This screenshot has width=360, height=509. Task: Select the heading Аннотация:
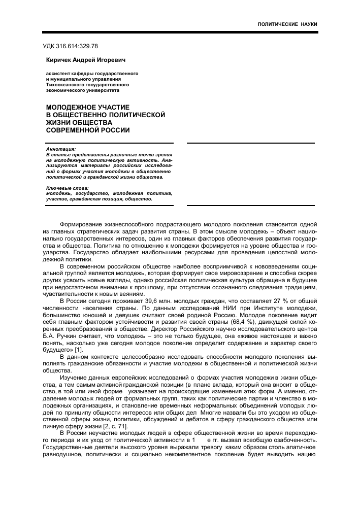(x=60, y=149)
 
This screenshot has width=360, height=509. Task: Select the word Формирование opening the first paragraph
(x=82, y=224)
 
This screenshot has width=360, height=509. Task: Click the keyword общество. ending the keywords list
(x=138, y=199)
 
